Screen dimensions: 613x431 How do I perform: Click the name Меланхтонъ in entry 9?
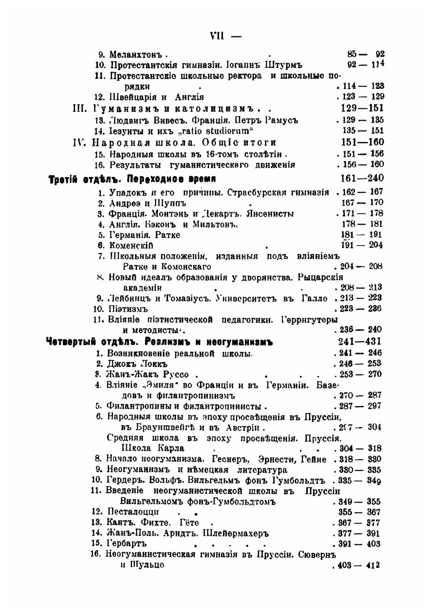click(135, 55)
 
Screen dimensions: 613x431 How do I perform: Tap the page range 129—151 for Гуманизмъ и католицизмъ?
click(362, 108)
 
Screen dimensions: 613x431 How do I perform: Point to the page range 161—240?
click(362, 178)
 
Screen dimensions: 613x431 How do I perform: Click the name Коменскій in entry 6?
click(131, 245)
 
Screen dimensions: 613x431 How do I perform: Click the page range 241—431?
click(359, 342)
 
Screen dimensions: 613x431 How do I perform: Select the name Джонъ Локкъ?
click(137, 364)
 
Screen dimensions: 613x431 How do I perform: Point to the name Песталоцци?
click(133, 512)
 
